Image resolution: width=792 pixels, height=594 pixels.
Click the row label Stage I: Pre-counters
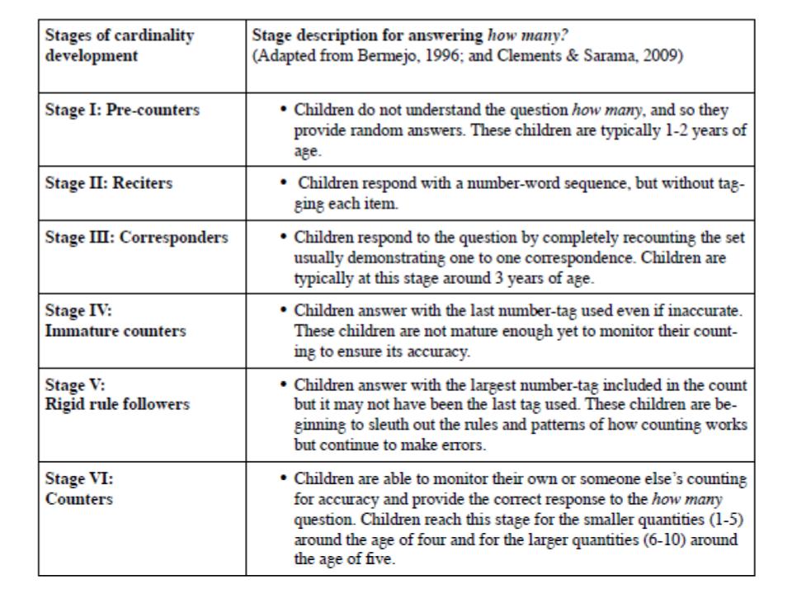(x=122, y=110)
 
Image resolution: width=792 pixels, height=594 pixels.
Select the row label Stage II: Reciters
(x=109, y=182)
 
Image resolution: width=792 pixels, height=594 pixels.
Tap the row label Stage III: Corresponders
(x=136, y=238)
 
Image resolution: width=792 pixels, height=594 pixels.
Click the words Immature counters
(x=115, y=331)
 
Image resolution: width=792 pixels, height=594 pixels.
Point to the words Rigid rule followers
(x=117, y=404)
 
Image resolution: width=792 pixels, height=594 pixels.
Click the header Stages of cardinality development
(x=119, y=45)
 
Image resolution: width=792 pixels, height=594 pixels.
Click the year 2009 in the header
(x=662, y=55)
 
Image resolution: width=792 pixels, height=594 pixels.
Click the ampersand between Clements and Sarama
(x=572, y=55)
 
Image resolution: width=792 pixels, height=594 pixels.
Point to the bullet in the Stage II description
(x=284, y=182)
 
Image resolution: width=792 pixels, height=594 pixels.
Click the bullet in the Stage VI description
(x=284, y=478)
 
